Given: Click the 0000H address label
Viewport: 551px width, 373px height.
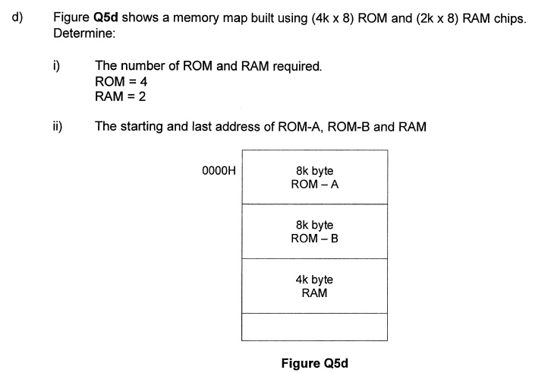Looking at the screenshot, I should coord(219,171).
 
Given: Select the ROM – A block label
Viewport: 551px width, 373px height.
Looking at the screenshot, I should coord(314,184).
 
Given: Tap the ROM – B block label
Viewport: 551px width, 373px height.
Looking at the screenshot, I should coord(314,239).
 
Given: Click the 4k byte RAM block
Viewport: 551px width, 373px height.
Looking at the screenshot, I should coord(314,286).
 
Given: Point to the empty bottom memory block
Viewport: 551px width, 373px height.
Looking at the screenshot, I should coord(314,327).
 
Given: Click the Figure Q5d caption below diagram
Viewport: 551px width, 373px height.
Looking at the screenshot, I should coord(314,363).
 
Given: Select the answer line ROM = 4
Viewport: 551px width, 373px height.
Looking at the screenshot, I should coord(120,81).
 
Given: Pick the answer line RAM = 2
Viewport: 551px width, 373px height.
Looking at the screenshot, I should coord(120,96).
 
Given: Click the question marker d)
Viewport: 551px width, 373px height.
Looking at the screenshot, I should coord(17,17).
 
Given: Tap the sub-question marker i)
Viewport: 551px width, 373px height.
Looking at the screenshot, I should coord(56,66).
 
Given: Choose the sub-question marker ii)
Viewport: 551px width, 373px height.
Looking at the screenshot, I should coord(58,126).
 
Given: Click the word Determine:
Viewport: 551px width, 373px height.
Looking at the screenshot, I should coord(83,34).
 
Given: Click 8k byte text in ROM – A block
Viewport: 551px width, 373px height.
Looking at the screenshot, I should coord(314,171).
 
